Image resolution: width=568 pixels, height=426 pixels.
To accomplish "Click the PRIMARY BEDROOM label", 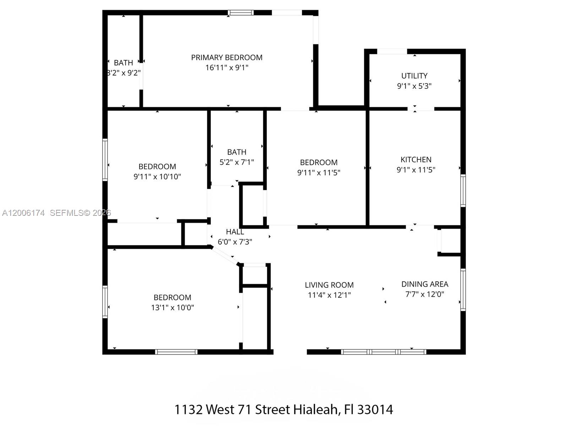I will pyautogui.click(x=226, y=58).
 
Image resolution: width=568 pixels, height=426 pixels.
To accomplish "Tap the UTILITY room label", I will pyautogui.click(x=414, y=76).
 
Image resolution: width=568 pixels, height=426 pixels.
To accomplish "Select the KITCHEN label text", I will pyautogui.click(x=416, y=160).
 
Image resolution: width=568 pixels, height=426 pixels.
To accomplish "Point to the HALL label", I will pyautogui.click(x=235, y=232).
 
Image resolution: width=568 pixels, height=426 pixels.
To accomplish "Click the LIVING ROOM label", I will pyautogui.click(x=329, y=285).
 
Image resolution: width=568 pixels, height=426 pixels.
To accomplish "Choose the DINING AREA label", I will pyautogui.click(x=425, y=284).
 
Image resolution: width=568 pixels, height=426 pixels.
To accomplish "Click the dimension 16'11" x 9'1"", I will pyautogui.click(x=226, y=67).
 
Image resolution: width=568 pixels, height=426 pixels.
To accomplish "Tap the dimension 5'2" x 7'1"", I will pyautogui.click(x=236, y=162).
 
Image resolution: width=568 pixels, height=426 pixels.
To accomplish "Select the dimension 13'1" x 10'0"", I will pyautogui.click(x=173, y=307).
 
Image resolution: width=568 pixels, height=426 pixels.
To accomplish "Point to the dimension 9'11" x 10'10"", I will pyautogui.click(x=157, y=176).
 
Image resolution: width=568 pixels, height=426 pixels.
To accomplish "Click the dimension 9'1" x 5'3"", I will pyautogui.click(x=414, y=86).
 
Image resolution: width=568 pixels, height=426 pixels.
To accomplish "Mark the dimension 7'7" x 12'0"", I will pyautogui.click(x=425, y=294).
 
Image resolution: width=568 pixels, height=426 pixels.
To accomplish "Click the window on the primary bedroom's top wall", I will pyautogui.click(x=241, y=13).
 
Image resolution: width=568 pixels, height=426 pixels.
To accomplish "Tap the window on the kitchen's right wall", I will pyautogui.click(x=463, y=191).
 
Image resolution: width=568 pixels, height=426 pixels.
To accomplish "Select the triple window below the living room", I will pyautogui.click(x=383, y=352).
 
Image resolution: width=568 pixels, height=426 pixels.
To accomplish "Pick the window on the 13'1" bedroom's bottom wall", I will pyautogui.click(x=176, y=352).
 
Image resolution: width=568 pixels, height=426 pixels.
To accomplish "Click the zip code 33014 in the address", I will pyautogui.click(x=375, y=410).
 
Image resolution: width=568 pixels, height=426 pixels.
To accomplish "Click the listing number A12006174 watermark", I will pyautogui.click(x=23, y=213).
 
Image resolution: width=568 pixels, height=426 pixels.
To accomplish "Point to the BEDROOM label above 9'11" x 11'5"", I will pyautogui.click(x=318, y=163).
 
